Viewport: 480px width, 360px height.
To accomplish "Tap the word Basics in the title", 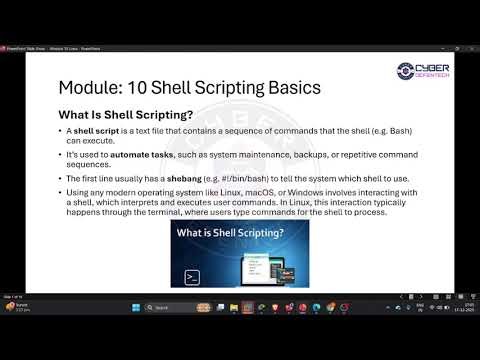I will [x=289, y=87].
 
